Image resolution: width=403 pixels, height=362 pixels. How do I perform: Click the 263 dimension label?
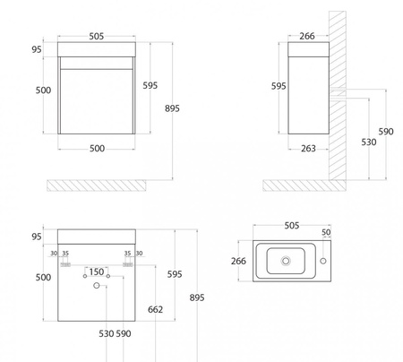coord(308,149)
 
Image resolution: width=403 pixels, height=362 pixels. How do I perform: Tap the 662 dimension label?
coord(155,309)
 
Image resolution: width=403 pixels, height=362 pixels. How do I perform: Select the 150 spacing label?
coord(97,271)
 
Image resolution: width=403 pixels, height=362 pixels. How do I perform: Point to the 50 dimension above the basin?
coord(326,232)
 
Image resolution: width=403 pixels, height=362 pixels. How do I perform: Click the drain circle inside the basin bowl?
coord(286,261)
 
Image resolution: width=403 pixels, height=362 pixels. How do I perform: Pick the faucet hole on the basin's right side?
coord(323,261)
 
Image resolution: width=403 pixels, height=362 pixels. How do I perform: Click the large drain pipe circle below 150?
coord(96,286)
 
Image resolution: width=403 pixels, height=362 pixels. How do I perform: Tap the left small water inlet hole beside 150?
coord(85,276)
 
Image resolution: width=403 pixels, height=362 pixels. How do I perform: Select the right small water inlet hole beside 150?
coord(108,276)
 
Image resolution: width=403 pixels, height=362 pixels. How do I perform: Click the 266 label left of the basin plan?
coord(238,261)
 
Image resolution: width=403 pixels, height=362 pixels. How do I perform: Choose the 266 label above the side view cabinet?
coord(307,36)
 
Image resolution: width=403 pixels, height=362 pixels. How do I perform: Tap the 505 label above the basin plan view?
coord(291,226)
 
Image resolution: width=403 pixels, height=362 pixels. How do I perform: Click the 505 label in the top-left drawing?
coord(97,37)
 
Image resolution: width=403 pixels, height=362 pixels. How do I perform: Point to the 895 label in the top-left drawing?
coord(172,108)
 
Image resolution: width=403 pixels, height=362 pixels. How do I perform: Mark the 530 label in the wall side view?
coord(369,142)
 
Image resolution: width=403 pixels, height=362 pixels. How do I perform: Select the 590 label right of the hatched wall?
coord(386,132)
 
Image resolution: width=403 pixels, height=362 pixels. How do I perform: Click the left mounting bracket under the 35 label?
coord(65,264)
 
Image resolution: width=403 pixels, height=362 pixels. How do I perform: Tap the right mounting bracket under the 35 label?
coord(128,264)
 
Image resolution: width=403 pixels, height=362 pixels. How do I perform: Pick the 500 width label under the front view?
coord(97,149)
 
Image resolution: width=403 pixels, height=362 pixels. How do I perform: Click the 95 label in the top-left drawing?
coord(37,49)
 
